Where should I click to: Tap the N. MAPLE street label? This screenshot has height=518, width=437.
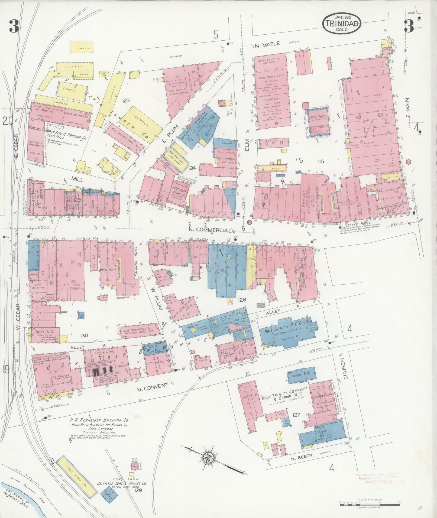(267, 44)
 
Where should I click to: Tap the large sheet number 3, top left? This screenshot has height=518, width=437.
(14, 27)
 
